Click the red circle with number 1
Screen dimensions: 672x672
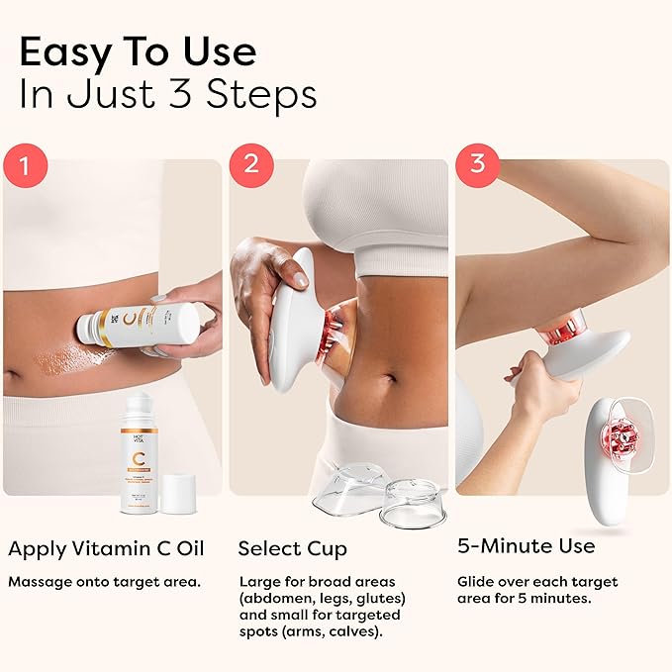click(24, 163)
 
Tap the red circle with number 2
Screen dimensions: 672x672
click(250, 163)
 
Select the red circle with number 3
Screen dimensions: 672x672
click(477, 163)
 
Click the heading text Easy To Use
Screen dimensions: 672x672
click(138, 50)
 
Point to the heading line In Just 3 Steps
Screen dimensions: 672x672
click(168, 95)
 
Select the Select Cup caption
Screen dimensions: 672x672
click(293, 547)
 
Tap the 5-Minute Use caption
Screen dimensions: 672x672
click(527, 545)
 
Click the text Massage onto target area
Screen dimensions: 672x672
click(105, 581)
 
